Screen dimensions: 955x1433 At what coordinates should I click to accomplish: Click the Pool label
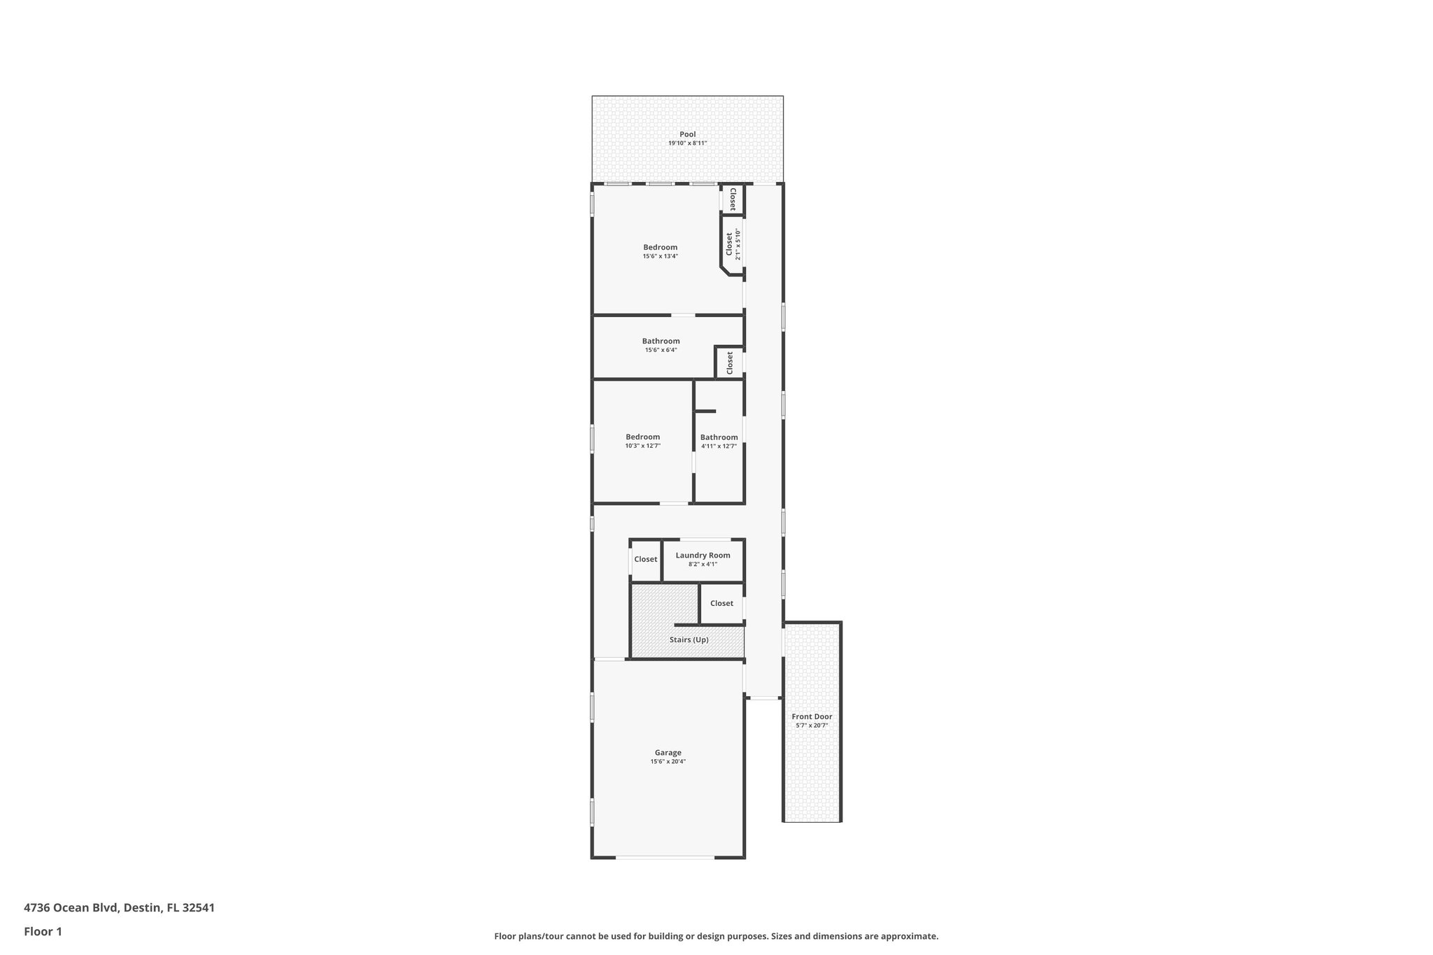click(x=687, y=134)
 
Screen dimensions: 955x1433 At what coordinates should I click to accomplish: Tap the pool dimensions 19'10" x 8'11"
click(x=687, y=143)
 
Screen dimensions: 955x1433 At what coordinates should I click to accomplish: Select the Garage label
click(x=668, y=753)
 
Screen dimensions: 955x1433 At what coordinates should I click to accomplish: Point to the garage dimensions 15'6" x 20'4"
click(x=668, y=762)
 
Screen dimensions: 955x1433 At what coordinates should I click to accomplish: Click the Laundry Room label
click(x=703, y=556)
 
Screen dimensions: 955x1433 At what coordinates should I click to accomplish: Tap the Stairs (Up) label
click(x=689, y=640)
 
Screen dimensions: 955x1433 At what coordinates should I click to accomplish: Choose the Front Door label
click(x=812, y=716)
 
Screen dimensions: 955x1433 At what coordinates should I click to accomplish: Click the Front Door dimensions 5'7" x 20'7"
click(x=812, y=726)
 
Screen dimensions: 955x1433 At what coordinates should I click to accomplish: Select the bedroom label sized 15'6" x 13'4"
click(x=660, y=247)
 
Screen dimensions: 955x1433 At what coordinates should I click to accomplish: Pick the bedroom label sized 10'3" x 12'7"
click(x=642, y=437)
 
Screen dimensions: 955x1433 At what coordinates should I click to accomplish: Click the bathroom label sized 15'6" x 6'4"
click(x=661, y=341)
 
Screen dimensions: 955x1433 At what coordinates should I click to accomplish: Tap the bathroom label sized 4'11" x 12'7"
click(x=719, y=437)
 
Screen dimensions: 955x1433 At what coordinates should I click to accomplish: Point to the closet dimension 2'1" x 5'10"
click(x=737, y=244)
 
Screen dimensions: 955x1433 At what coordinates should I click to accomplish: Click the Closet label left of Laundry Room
click(x=645, y=560)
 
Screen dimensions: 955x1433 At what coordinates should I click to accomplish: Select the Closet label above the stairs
click(x=721, y=603)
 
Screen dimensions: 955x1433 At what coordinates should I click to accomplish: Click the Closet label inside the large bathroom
click(x=729, y=362)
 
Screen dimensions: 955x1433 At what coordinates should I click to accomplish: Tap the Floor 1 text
click(x=43, y=931)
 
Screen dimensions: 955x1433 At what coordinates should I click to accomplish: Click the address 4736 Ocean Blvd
click(x=119, y=908)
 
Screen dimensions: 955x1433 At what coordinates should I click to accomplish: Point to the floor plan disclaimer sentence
click(x=716, y=936)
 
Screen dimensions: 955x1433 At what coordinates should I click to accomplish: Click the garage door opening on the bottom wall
click(x=665, y=857)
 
